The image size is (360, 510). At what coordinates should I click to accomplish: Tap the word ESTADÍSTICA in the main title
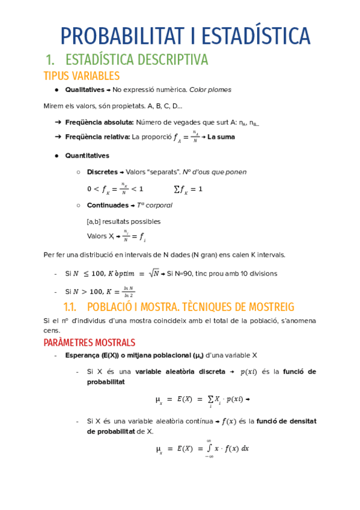point(258,36)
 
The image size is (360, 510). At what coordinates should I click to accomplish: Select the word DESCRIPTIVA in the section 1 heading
point(173,60)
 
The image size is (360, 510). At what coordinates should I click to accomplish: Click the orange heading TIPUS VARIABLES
point(82,76)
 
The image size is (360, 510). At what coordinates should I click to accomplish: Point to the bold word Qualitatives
point(84,90)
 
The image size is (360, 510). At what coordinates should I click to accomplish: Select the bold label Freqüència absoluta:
point(99,122)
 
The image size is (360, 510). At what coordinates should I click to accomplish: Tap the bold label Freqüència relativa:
point(98,137)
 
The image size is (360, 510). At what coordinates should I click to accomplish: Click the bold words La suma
point(221,137)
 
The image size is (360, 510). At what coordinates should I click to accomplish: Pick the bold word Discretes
point(102,171)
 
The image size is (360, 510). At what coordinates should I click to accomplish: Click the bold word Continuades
point(108,205)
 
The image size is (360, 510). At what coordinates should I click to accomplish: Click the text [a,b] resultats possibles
point(124,221)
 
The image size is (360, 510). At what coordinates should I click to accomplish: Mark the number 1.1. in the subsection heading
point(72,307)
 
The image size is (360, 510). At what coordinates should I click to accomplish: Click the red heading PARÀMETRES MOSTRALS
point(90,343)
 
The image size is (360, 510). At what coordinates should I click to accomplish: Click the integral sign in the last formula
point(207,449)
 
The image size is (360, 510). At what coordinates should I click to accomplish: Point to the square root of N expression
point(155,273)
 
